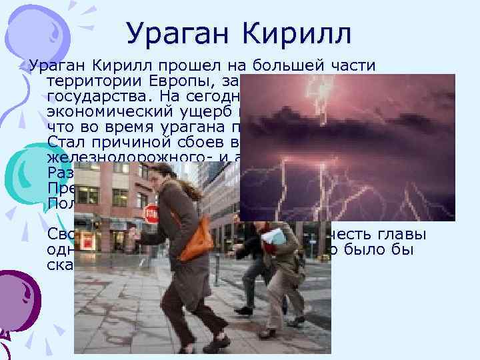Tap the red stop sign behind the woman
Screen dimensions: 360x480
(x=151, y=215)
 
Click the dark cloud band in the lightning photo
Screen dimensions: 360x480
(x=347, y=127)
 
